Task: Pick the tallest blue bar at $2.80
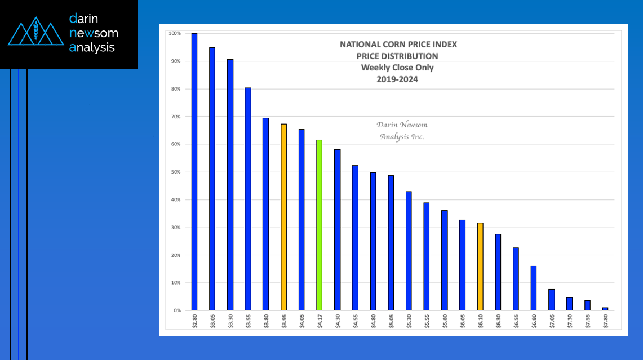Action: point(194,172)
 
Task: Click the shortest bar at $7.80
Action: point(605,309)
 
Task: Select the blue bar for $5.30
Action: point(409,251)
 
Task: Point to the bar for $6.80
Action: point(534,288)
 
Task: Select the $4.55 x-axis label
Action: point(355,323)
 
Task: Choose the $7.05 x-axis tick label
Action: point(552,323)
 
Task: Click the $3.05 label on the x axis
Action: point(212,323)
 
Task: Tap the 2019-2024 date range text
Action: point(397,79)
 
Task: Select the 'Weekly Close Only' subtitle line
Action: point(397,68)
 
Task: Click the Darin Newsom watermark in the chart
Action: point(402,131)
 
